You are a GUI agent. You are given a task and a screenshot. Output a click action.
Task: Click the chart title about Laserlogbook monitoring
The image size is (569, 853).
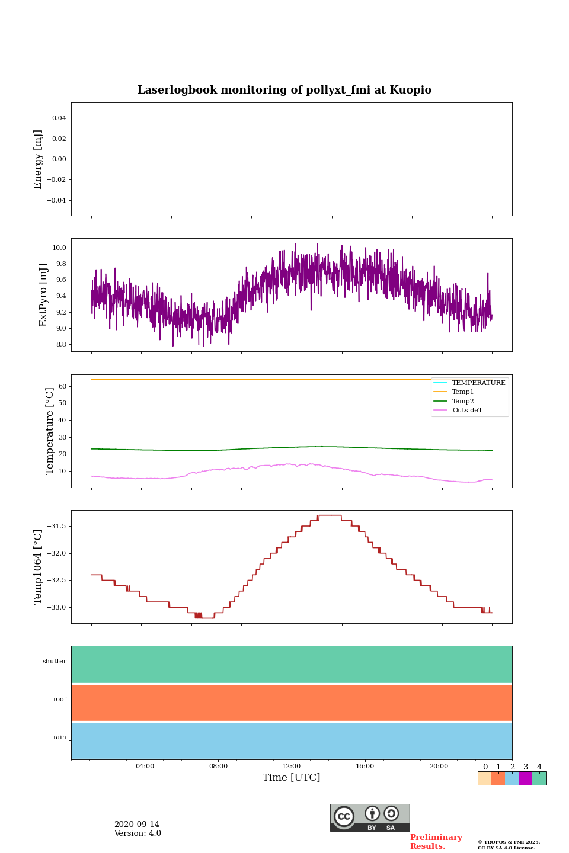284,90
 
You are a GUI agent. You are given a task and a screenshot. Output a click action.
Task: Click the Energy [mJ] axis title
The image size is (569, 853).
39,159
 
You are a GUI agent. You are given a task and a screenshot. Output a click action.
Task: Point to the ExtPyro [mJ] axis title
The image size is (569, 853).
43,295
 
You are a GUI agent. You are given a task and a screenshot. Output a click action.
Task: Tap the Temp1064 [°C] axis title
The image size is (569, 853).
39,567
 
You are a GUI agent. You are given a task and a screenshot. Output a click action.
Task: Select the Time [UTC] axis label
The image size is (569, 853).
292,777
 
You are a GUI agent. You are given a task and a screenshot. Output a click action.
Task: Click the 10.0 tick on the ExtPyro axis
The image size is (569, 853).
59,248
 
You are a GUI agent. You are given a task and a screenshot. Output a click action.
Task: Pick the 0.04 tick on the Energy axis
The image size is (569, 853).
59,118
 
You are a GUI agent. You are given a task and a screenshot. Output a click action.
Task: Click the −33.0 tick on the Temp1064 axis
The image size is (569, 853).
57,608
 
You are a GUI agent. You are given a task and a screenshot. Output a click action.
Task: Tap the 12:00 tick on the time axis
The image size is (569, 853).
292,766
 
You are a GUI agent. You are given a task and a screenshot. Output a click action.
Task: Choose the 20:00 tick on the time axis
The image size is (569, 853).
439,766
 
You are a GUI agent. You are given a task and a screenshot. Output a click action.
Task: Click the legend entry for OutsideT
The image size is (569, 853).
467,410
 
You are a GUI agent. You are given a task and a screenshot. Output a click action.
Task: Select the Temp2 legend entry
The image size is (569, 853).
463,401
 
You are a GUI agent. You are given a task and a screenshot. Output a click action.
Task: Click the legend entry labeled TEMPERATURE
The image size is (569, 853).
478,383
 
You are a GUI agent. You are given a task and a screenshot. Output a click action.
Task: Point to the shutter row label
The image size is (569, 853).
55,662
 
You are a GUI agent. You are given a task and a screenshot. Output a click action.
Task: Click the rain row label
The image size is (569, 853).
60,737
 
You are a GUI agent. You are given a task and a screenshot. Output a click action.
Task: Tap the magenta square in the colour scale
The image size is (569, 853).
525,778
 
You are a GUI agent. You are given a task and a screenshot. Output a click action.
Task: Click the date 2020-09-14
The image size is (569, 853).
137,825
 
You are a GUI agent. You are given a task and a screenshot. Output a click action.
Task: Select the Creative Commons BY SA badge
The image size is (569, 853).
370,817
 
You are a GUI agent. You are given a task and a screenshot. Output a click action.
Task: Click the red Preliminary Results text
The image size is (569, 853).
436,842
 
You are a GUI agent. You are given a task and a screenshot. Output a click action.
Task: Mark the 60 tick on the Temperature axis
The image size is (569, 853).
62,386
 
